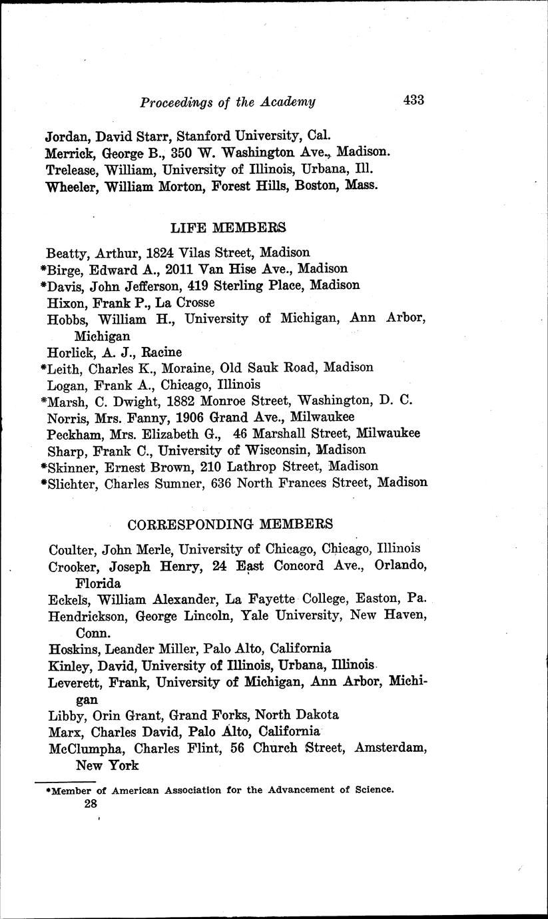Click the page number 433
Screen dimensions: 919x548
(413, 101)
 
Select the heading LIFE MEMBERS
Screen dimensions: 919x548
(228, 228)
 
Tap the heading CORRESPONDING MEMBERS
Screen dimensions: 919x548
(230, 523)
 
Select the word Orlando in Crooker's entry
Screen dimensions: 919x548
(398, 565)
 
